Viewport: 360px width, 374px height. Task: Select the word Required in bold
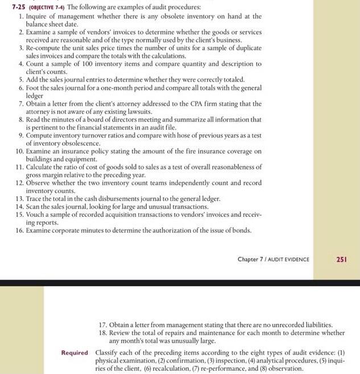[75, 352]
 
